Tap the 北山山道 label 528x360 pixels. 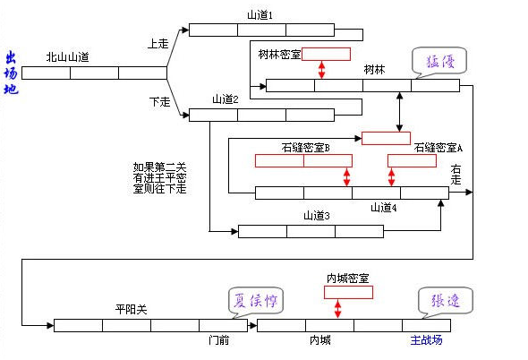click(68, 56)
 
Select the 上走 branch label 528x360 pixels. click(158, 43)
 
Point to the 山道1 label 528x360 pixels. click(260, 15)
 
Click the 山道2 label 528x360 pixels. click(225, 99)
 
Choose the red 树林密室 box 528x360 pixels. click(326, 55)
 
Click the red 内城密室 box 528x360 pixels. click(348, 292)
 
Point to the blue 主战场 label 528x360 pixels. click(426, 340)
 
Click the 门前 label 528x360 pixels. click(219, 340)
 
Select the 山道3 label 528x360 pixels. click(317, 215)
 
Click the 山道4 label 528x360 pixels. click(384, 208)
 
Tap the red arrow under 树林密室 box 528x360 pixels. click(321, 71)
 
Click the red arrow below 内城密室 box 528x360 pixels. click(337, 309)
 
